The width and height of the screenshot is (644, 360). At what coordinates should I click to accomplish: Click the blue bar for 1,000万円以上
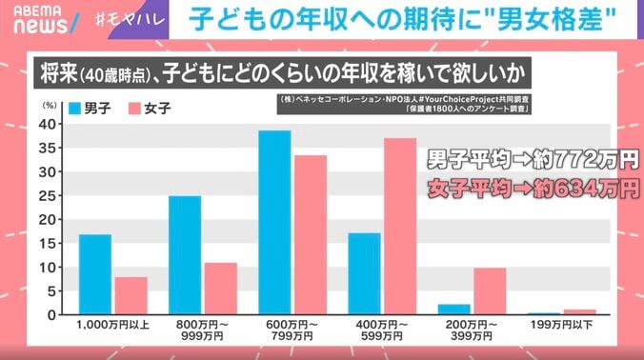(x=95, y=274)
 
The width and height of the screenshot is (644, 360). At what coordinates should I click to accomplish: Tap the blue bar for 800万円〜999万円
(x=185, y=255)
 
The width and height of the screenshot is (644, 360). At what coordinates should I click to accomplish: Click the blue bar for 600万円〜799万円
(x=274, y=223)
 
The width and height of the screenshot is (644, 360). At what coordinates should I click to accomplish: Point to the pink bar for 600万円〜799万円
(x=310, y=235)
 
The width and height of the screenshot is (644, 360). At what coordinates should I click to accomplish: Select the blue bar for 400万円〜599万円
(x=365, y=273)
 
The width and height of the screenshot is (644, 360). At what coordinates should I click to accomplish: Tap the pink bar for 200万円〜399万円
(x=490, y=290)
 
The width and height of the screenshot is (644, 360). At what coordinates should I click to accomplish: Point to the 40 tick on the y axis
(x=53, y=124)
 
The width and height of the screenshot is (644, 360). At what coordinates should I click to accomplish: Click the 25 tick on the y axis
(x=53, y=195)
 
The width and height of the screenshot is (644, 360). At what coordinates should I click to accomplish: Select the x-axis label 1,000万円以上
(x=112, y=328)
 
